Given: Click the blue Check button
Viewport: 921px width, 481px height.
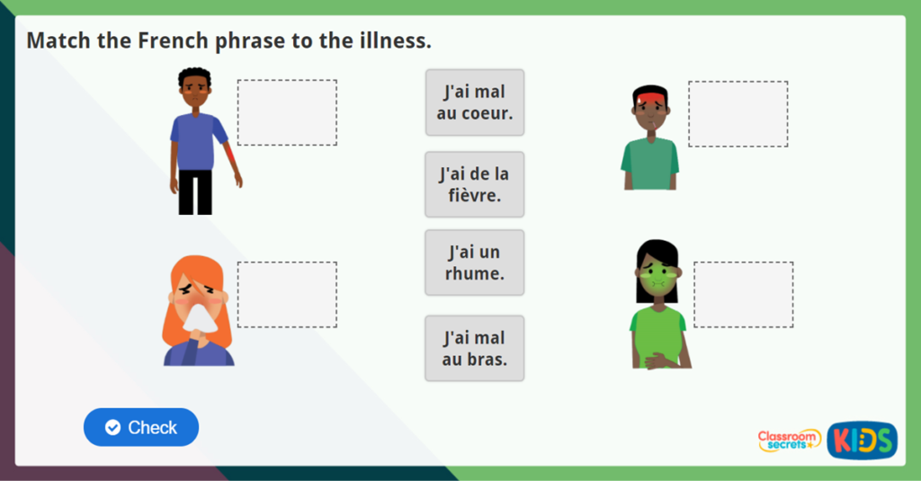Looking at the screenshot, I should pyautogui.click(x=141, y=427).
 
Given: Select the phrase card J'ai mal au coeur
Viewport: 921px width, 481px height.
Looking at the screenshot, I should pyautogui.click(x=474, y=102).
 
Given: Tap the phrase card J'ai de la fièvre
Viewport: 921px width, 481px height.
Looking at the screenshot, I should pyautogui.click(x=474, y=183).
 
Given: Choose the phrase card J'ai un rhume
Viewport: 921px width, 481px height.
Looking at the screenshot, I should pyautogui.click(x=474, y=262).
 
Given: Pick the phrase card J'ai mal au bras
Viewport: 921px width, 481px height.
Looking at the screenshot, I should pyautogui.click(x=474, y=348).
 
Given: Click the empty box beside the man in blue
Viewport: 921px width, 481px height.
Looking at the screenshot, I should pyautogui.click(x=287, y=112).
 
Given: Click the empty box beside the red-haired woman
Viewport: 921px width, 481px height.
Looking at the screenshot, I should pyautogui.click(x=287, y=295).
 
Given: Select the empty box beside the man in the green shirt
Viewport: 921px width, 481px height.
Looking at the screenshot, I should pyautogui.click(x=738, y=114).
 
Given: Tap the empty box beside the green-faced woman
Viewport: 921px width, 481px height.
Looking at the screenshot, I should pyautogui.click(x=743, y=295).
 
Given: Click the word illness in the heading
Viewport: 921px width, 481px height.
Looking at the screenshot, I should pyautogui.click(x=394, y=40).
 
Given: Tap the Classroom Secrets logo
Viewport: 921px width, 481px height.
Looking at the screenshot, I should pyautogui.click(x=789, y=440).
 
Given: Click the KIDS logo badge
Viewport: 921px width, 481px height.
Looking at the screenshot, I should pyautogui.click(x=862, y=440).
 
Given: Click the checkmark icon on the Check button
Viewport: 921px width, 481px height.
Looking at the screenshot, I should pyautogui.click(x=112, y=427).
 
